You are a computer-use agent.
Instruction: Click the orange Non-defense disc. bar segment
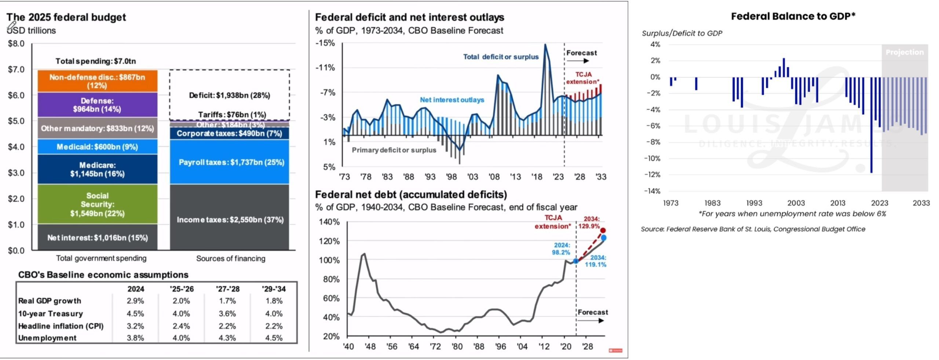tap(97, 81)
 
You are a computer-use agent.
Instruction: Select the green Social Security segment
tap(97, 204)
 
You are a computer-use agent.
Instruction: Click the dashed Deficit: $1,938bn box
tap(229, 95)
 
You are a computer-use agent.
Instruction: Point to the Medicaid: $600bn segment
tap(97, 147)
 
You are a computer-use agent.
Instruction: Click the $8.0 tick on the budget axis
tap(16, 44)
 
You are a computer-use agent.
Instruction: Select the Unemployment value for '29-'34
tap(274, 338)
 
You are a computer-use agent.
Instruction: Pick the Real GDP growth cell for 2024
tap(135, 301)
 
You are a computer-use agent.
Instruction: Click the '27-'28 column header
tap(227, 289)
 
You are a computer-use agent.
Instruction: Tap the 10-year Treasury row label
tap(51, 314)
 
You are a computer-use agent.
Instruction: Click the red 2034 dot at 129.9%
tap(603, 230)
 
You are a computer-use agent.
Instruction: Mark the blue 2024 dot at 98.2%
tap(576, 261)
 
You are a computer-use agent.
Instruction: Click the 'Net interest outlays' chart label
tap(452, 100)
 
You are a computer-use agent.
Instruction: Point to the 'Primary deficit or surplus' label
tap(394, 150)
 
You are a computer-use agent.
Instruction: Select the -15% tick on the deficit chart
tap(325, 43)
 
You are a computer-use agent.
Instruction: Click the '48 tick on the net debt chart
tap(370, 346)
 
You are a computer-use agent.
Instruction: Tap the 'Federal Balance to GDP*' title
tap(793, 16)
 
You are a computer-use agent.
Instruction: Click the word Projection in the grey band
tap(905, 52)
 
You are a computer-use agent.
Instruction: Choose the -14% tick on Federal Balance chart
tap(652, 191)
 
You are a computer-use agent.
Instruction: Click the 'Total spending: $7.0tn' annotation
tap(95, 61)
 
